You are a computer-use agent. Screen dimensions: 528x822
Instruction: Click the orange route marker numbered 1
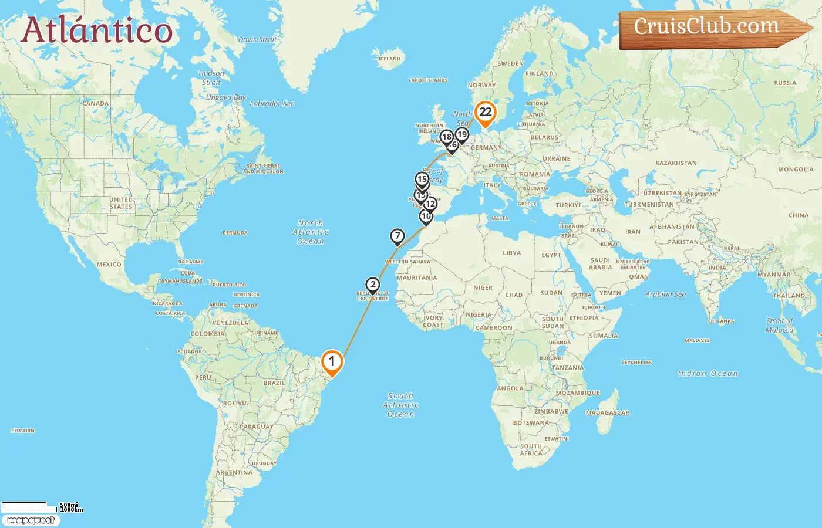(x=332, y=361)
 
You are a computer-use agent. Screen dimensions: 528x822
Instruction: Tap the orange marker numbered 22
(x=486, y=113)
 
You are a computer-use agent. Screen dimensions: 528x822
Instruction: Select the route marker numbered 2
(x=373, y=285)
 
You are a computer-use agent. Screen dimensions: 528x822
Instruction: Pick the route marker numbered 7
(x=397, y=236)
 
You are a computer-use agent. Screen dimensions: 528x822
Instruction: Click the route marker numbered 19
(x=462, y=135)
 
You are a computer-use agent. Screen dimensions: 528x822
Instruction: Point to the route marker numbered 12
(x=430, y=204)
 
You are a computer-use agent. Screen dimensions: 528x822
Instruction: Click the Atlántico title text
(x=97, y=31)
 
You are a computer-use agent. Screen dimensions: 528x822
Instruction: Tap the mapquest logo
(x=31, y=520)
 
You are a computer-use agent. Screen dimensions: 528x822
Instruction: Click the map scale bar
(x=29, y=507)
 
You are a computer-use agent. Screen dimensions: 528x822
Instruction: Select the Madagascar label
(x=607, y=413)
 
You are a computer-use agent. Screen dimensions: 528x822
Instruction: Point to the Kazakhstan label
(x=676, y=163)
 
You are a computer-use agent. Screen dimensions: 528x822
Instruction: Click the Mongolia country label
(x=796, y=170)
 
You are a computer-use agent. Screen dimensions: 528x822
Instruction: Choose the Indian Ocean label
(x=708, y=374)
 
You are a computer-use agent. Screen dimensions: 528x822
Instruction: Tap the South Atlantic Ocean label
(x=401, y=405)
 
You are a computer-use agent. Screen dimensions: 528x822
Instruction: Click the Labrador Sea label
(x=272, y=104)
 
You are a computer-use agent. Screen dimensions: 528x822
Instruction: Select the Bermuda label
(x=235, y=233)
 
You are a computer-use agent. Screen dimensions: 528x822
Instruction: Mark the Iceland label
(x=389, y=59)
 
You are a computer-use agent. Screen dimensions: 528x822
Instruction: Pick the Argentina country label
(x=234, y=472)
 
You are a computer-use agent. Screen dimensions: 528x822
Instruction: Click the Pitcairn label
(x=23, y=431)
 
